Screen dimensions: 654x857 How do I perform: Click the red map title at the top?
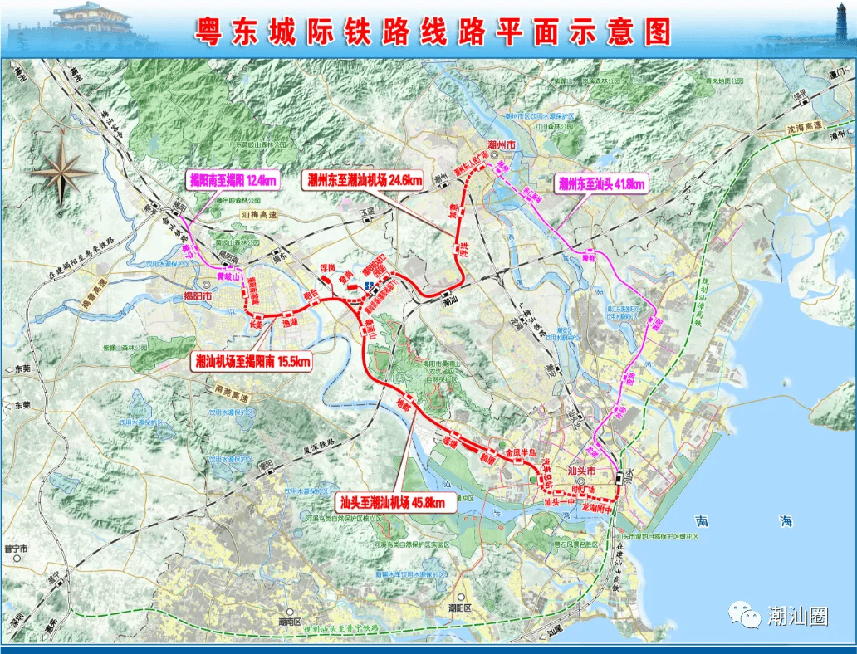tap(433, 31)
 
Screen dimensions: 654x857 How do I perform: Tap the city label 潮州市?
tap(502, 145)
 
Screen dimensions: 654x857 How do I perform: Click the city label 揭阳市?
tap(198, 296)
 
